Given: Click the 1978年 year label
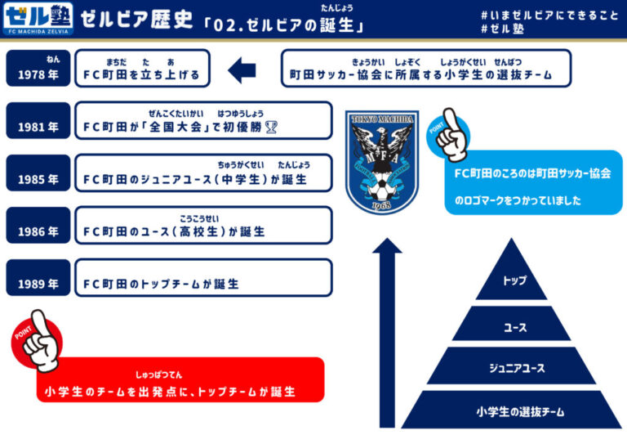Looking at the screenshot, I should tap(38, 73).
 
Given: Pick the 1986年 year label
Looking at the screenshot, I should tap(38, 231).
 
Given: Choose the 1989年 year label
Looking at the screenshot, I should tap(38, 283).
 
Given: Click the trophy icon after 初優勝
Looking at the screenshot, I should tap(271, 127).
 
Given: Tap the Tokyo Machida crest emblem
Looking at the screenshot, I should tap(382, 162).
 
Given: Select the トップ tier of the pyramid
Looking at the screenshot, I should tap(514, 281).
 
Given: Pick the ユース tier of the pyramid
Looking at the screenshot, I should tap(514, 326).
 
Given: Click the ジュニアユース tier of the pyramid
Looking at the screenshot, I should tap(514, 367).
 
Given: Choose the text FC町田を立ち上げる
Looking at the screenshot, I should tap(142, 74).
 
